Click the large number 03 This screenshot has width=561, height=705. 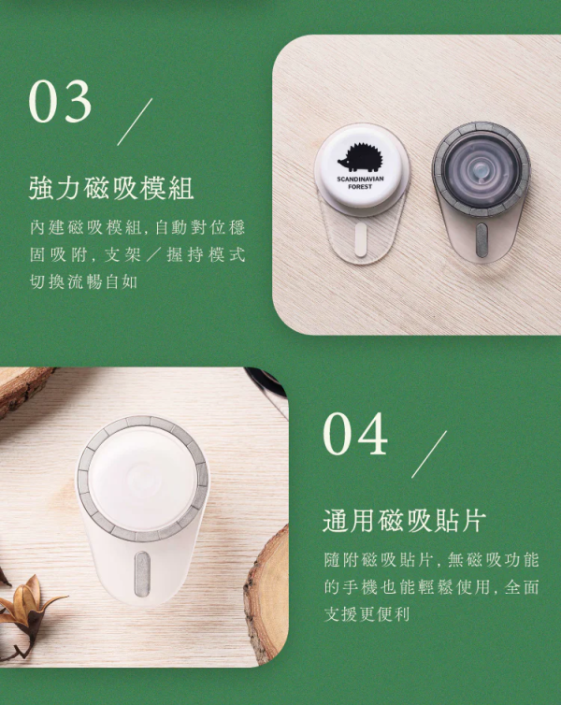click(x=61, y=102)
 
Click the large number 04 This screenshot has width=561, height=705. click(x=355, y=433)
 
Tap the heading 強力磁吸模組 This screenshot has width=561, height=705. click(x=111, y=188)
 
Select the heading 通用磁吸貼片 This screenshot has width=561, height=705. click(x=404, y=521)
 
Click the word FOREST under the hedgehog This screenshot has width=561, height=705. click(x=360, y=187)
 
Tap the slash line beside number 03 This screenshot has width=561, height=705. click(x=135, y=122)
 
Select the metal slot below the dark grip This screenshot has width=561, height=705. click(x=481, y=237)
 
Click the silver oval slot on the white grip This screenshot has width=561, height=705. click(x=142, y=571)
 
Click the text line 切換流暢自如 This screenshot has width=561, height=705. click(x=83, y=281)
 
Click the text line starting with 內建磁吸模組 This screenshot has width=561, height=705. click(x=137, y=228)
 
